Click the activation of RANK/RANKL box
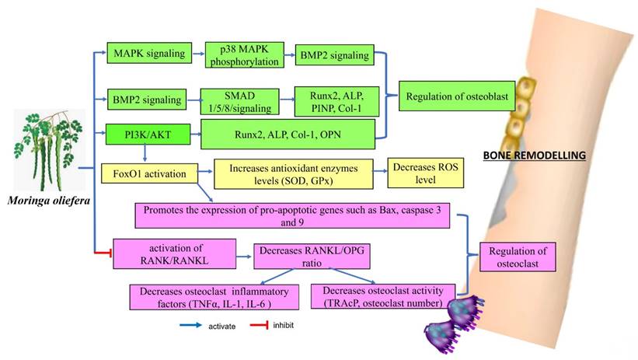tap(173, 254)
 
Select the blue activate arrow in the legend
tap(190, 325)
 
